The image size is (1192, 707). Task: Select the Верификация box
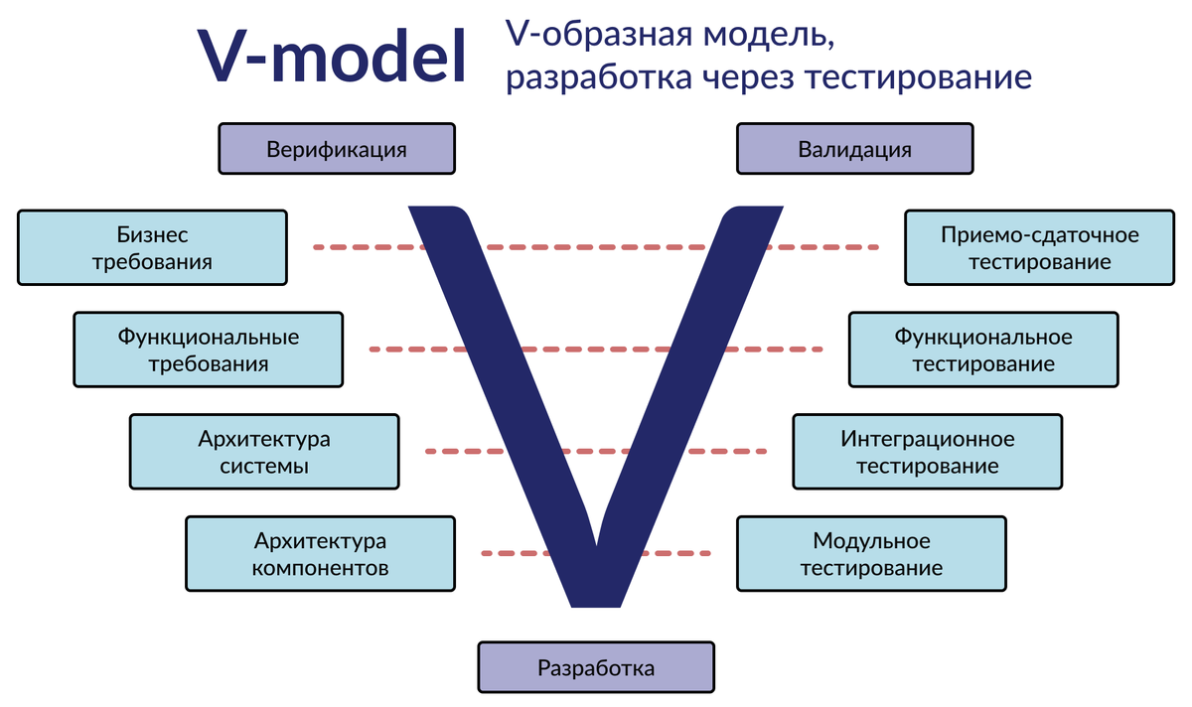click(337, 149)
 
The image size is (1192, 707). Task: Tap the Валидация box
click(854, 149)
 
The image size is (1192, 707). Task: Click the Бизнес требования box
click(152, 247)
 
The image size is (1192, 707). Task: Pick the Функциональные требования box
click(209, 350)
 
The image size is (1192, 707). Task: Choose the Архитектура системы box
click(264, 451)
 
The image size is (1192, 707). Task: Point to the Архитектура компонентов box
click(320, 553)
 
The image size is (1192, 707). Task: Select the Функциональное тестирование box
click(983, 350)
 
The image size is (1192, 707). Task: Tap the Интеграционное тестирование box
click(928, 451)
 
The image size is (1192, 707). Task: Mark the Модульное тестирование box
click(871, 553)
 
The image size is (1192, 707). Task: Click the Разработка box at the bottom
click(596, 667)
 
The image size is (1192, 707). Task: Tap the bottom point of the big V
click(596, 602)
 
